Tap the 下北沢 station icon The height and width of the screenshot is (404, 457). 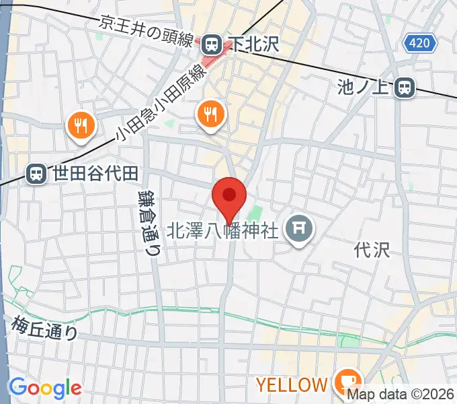coord(212,44)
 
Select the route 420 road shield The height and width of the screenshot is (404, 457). coord(420,44)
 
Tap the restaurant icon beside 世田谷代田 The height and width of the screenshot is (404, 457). coord(81,125)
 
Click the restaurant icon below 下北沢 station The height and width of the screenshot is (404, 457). coord(211,114)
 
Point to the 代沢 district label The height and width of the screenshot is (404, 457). coord(372,250)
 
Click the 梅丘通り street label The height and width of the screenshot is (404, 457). coord(45,328)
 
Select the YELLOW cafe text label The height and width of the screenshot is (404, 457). coord(290,385)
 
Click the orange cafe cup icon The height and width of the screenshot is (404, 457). coord(347,382)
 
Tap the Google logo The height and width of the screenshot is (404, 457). coord(45,387)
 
